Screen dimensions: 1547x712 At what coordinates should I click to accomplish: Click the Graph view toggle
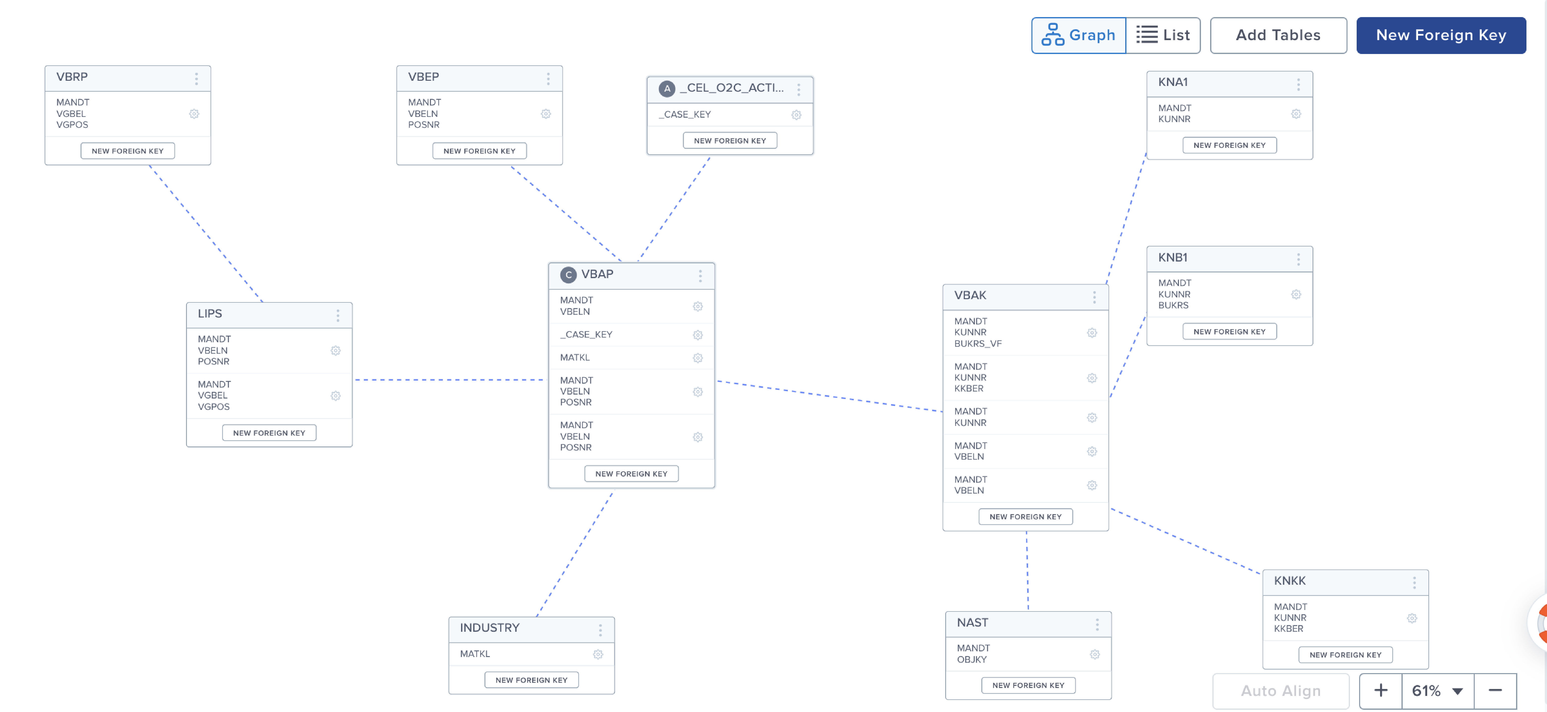1079,35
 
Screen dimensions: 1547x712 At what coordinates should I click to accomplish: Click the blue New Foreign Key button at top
1441,35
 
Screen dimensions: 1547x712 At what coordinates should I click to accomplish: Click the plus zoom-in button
1381,691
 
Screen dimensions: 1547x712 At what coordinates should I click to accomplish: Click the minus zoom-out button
1495,691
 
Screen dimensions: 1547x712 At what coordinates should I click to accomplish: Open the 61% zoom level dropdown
1438,691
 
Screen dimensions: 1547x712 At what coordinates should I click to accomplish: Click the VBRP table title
72,77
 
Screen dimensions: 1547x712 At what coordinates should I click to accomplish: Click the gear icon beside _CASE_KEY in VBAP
698,335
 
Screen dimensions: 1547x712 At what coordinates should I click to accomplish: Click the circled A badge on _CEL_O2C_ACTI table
667,89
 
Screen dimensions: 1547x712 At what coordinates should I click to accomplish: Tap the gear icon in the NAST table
1095,654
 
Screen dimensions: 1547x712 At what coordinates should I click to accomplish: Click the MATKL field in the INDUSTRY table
475,654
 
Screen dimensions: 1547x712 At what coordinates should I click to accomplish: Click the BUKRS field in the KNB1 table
1173,305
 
